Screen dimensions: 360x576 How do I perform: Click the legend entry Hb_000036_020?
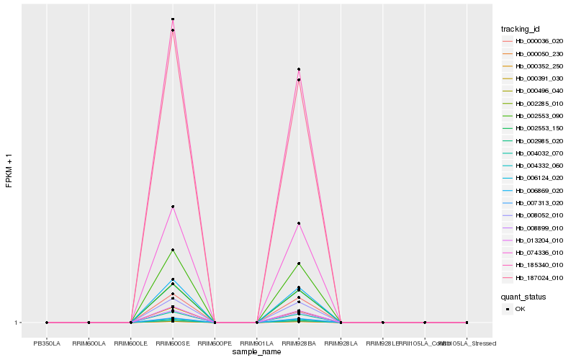click(534, 41)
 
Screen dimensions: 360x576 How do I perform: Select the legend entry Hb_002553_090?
click(534, 116)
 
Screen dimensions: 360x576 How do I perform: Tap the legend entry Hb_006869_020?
click(534, 191)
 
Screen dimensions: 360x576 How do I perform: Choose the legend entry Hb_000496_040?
click(534, 91)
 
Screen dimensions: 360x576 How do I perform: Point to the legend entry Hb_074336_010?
click(534, 253)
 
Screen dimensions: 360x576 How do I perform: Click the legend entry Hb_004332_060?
click(534, 166)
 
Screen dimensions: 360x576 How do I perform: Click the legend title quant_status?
click(523, 296)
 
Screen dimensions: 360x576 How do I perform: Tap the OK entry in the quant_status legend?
click(520, 308)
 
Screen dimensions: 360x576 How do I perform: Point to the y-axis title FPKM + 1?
click(9, 171)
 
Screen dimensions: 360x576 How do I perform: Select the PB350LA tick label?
click(47, 343)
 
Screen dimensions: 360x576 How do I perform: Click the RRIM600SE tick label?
click(173, 343)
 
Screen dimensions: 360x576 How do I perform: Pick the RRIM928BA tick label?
click(298, 343)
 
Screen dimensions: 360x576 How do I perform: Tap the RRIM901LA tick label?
click(256, 343)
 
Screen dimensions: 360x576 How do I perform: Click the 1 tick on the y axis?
click(16, 323)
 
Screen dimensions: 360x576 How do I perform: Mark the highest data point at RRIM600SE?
click(173, 19)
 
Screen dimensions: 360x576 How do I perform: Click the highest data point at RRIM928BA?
click(298, 69)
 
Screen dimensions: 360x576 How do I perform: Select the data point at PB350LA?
click(47, 323)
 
